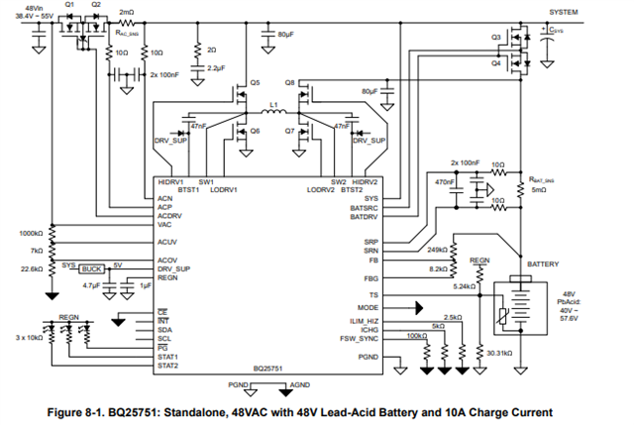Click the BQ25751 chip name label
pos(268,372)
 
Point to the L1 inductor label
pos(273,102)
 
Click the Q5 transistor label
pos(255,81)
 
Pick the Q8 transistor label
pos(289,81)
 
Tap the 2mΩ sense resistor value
pos(127,12)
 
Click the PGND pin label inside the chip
pos(368,357)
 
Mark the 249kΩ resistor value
pos(437,250)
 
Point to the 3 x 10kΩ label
pos(30,338)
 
